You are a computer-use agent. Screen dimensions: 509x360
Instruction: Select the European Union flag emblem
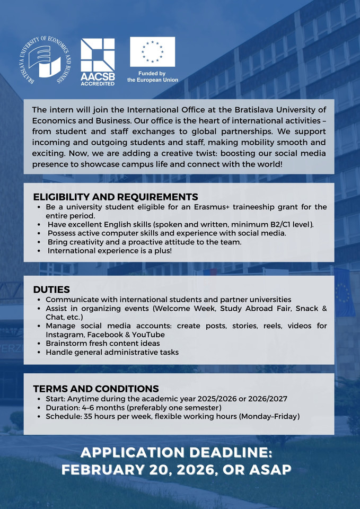153,51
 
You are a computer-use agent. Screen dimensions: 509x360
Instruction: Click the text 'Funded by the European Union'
153,77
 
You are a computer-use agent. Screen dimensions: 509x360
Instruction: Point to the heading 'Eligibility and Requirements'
116,197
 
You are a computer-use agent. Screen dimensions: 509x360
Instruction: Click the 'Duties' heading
51,289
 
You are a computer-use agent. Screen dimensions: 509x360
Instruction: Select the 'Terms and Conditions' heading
96,389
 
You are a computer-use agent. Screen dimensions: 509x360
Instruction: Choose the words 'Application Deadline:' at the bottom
176,453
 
